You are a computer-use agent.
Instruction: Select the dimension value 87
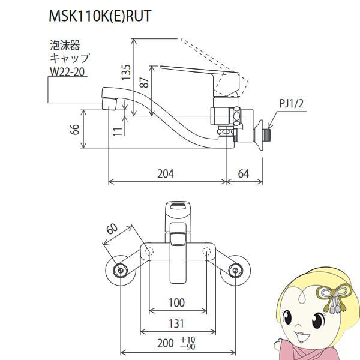point(143,84)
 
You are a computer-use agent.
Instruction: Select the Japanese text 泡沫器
point(64,45)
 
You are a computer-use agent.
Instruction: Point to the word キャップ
point(70,58)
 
